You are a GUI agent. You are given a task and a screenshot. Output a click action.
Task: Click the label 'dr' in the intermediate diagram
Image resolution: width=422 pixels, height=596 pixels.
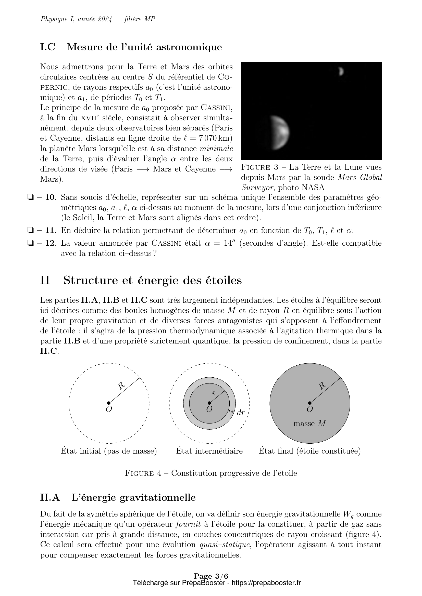coord(241,413)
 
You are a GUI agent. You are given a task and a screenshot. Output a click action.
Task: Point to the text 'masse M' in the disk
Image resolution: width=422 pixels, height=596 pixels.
coord(309,423)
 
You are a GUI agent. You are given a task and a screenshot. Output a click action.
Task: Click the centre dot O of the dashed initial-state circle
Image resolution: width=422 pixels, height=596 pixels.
coord(109,403)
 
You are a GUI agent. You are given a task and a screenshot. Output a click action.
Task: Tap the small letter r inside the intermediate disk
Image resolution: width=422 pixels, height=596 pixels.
coord(214,393)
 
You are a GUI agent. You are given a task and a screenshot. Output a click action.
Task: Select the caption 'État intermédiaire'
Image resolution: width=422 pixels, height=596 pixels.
coord(209,451)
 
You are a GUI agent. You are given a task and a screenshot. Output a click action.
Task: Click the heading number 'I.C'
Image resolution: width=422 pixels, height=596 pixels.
coord(48,47)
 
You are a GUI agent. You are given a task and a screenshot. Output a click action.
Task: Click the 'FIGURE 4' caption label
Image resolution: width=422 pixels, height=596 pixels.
coord(143,473)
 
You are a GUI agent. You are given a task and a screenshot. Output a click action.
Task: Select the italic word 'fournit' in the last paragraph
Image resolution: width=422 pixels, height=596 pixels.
coord(188,524)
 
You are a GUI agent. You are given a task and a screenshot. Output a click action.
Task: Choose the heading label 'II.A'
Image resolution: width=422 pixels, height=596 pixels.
coord(50,498)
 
